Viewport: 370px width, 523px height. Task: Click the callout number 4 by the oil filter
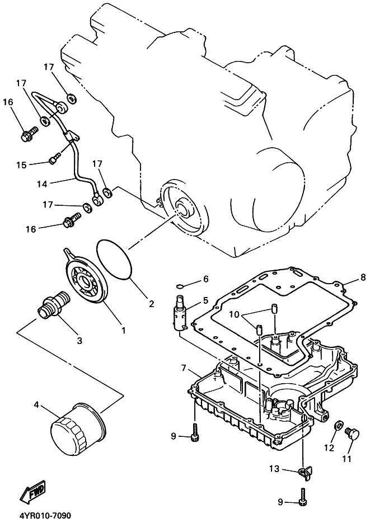(x=37, y=404)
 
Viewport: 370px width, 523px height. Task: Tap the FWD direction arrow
(x=32, y=492)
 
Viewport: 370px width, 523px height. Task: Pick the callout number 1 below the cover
(x=124, y=330)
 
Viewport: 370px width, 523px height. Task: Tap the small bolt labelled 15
(x=53, y=159)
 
